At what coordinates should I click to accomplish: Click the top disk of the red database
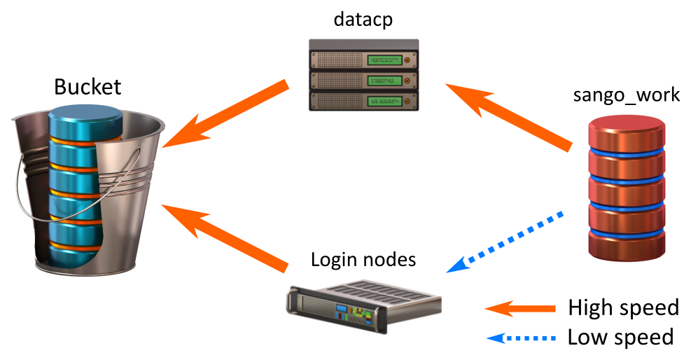[x=627, y=130]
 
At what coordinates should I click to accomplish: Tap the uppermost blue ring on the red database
[x=627, y=152]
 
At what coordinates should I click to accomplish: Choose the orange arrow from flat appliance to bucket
[x=224, y=235]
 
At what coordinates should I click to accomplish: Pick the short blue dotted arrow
[x=521, y=338]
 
